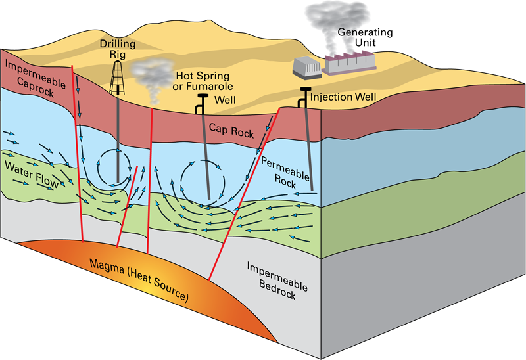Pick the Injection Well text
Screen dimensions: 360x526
(x=343, y=97)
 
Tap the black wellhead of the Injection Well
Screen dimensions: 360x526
(x=305, y=91)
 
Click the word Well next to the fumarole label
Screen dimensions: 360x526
(x=226, y=100)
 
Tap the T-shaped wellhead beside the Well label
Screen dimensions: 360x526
(x=202, y=99)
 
